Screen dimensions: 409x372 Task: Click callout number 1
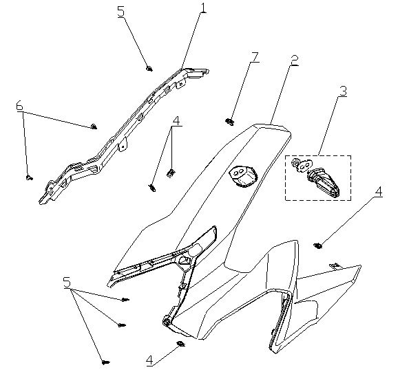[x=204, y=8]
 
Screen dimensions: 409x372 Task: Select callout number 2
[x=294, y=61]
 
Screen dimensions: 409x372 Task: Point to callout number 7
[x=255, y=57]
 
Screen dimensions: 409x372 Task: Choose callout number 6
[x=19, y=106]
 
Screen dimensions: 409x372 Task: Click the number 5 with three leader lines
[x=67, y=283]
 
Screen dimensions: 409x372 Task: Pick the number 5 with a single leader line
[x=121, y=12]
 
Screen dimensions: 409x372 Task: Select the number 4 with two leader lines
[x=176, y=121]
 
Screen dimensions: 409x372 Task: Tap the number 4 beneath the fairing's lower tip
[x=149, y=360]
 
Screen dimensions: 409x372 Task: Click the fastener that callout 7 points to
[x=229, y=122]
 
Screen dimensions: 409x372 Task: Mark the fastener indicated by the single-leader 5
[x=149, y=69]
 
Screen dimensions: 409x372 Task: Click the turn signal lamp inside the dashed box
[x=324, y=184]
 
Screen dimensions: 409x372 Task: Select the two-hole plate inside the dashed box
[x=304, y=166]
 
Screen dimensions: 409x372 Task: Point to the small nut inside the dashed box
[x=295, y=163]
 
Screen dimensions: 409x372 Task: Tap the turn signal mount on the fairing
[x=243, y=176]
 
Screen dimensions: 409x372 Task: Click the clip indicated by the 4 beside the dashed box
[x=317, y=245]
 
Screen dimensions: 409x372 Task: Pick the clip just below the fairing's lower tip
[x=180, y=344]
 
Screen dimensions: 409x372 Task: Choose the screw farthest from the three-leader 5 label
[x=105, y=362]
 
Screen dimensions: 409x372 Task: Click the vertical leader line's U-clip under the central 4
[x=171, y=173]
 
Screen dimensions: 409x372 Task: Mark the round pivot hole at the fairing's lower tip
[x=166, y=320]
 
